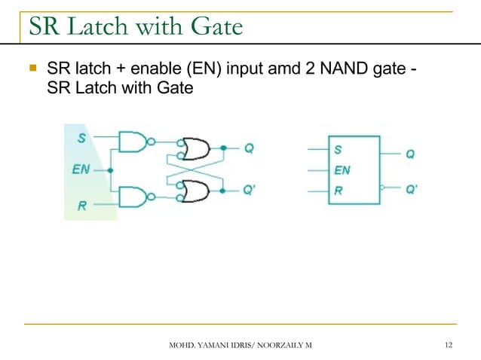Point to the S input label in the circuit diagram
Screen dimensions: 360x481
81,137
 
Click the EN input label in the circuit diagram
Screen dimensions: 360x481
80,169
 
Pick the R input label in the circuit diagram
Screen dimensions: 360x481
81,205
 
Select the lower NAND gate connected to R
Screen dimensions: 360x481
133,197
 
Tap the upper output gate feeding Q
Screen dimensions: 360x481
198,148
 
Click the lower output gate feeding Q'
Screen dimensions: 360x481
198,191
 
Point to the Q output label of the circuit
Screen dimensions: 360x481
249,148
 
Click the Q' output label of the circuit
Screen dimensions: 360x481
250,191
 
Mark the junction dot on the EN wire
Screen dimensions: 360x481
111,170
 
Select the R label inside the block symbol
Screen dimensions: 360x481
339,191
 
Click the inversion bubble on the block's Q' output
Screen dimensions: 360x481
384,190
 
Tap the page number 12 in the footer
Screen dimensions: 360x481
449,345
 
